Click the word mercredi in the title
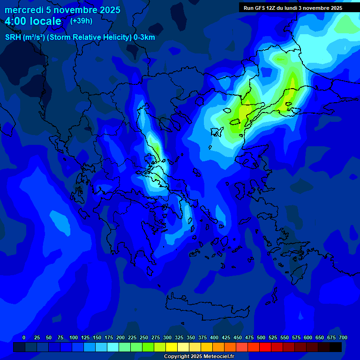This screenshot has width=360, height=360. pyautogui.click(x=24, y=10)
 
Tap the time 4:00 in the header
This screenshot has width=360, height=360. pyautogui.click(x=17, y=21)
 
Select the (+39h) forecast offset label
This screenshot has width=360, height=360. pyautogui.click(x=81, y=21)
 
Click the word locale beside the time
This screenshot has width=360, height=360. pyautogui.click(x=46, y=21)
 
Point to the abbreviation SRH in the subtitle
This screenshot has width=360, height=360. pyautogui.click(x=12, y=37)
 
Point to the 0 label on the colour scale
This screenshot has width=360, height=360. pyautogui.click(x=24, y=337)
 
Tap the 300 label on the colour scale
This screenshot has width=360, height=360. pyautogui.click(x=167, y=337)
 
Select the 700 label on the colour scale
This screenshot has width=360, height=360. pyautogui.click(x=343, y=337)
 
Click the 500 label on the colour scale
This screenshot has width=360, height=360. pyautogui.click(x=261, y=337)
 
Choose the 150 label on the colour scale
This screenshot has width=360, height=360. pyautogui.click(x=97, y=337)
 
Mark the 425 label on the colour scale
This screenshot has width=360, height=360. pyautogui.click(x=226, y=337)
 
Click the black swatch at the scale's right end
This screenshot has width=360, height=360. pyautogui.click(x=335, y=347)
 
